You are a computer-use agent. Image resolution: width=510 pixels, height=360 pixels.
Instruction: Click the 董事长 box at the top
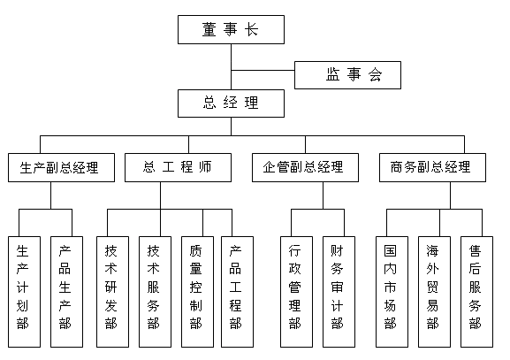231,29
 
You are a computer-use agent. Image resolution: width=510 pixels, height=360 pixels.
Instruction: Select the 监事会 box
347,75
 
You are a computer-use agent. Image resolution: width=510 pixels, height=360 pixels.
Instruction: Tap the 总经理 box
231,103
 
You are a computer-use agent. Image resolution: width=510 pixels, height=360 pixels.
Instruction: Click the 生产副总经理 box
61,167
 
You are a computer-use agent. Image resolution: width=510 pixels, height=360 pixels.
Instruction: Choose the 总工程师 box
178,167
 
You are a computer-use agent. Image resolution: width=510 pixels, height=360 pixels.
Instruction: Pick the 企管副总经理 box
305,167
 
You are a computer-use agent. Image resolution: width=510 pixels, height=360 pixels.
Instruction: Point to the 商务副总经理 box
432,167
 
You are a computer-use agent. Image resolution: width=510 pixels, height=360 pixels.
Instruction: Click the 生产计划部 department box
25,292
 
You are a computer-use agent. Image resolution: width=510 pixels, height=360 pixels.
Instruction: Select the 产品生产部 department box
66,292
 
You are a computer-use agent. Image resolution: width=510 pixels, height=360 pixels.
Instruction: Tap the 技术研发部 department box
112,292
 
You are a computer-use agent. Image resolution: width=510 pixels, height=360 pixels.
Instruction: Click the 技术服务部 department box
156,292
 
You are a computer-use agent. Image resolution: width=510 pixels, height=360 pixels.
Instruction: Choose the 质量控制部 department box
197,292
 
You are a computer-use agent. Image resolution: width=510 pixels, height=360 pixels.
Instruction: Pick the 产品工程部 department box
237,292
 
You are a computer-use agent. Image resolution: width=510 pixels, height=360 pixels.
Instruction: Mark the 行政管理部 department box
296,292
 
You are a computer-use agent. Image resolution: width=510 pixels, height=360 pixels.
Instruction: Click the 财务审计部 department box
339,292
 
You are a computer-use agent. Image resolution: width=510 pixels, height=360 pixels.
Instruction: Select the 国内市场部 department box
392,292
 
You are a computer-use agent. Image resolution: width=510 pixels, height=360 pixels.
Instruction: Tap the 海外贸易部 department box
434,292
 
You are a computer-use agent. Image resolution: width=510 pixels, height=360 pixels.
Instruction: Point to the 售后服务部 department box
476,292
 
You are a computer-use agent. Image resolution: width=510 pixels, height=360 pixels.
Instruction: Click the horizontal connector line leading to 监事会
263,70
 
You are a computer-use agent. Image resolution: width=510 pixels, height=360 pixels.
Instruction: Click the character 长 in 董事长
251,29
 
